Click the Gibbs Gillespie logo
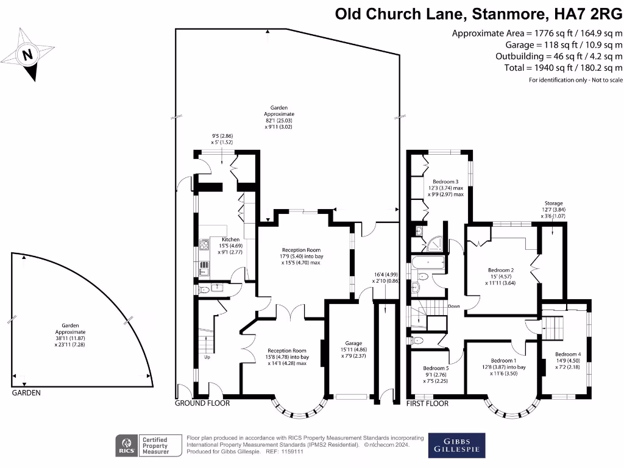point(457,445)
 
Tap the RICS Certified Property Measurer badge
point(150,446)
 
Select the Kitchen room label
point(231,239)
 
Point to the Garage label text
point(353,342)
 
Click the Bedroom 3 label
point(445,182)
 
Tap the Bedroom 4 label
point(568,354)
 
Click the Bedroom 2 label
point(501,270)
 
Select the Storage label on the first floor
point(553,203)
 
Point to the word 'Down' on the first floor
point(453,307)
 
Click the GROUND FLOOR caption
point(202,403)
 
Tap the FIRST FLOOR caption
point(427,403)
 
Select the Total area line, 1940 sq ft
point(563,68)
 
